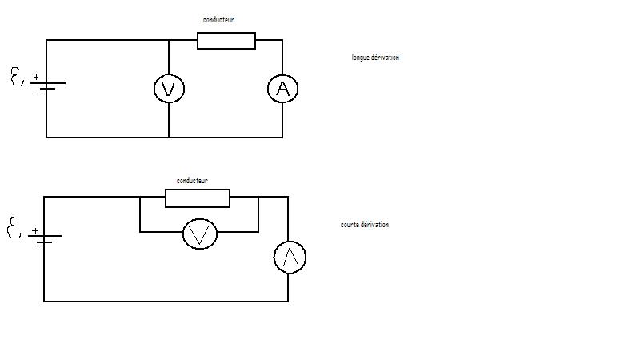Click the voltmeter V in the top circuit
point(169,89)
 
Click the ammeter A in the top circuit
point(282,89)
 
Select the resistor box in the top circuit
point(226,41)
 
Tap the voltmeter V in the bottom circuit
point(199,234)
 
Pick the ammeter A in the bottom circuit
point(290,258)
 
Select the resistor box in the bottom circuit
point(198,198)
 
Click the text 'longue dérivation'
point(375,58)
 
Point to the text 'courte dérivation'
point(365,225)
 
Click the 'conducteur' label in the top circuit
point(218,19)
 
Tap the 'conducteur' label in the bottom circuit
point(192,181)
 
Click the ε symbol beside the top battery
point(17,78)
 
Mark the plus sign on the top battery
point(36,78)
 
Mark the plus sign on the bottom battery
point(34,230)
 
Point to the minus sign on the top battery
point(38,93)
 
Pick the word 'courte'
point(350,225)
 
